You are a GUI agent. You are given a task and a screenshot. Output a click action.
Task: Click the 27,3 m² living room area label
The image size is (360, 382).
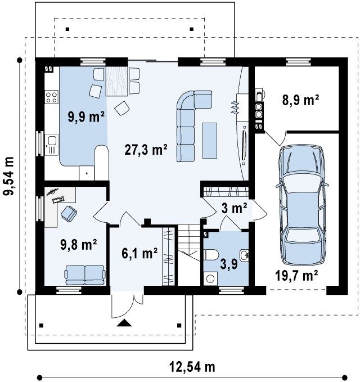pos(146,150)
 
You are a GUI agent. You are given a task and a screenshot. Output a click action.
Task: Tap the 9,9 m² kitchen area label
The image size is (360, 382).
pos(86,116)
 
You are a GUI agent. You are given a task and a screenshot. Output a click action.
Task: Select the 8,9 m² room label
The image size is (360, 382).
pos(300,100)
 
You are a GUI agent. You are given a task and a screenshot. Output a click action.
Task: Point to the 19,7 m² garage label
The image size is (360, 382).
pos(296,276)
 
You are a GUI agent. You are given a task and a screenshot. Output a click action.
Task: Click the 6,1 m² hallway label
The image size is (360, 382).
pos(139,253)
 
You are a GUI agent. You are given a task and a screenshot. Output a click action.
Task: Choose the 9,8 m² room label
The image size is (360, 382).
pos(79,244)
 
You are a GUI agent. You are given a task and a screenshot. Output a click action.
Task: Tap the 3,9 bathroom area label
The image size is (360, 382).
pos(229,264)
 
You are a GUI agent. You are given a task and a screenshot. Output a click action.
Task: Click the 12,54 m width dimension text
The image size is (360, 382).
pos(192,367)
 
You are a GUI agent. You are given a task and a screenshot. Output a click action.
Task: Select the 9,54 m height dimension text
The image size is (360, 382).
pos(8,176)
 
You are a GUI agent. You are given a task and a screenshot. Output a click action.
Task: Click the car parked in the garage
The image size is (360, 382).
pos(302,205)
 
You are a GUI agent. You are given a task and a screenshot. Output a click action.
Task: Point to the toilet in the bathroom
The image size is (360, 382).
pos(211,255)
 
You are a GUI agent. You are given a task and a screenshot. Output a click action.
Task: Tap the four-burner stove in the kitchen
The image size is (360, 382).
pos(51,97)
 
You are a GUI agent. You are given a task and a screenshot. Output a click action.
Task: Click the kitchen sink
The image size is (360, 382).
pos(52,145)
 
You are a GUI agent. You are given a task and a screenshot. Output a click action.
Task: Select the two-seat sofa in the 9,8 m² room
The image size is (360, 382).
pos(85,275)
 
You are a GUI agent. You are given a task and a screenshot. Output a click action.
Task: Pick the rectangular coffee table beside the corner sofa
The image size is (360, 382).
pos(210,141)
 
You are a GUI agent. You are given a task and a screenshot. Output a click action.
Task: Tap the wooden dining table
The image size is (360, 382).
pos(116,81)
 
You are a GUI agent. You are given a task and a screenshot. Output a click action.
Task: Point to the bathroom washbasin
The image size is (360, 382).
pos(244,255)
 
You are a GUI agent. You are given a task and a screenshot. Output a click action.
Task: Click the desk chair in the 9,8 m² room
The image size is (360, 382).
pos(69,214)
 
